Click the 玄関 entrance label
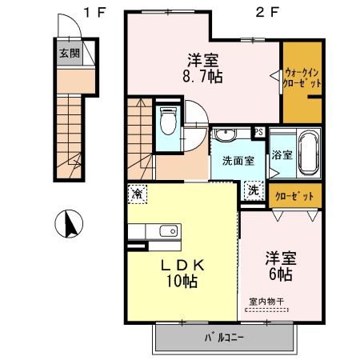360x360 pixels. (70, 54)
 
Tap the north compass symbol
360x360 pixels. (69, 223)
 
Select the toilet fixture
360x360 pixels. (168, 121)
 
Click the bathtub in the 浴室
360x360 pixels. (309, 153)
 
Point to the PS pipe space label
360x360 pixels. (259, 132)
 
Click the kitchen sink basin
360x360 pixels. (169, 231)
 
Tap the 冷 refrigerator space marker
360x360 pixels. (138, 194)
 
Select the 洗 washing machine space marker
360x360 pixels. (254, 190)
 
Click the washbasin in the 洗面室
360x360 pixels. (226, 134)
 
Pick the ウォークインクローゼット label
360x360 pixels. (302, 78)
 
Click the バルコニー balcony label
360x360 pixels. (224, 338)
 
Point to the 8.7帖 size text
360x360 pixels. (202, 77)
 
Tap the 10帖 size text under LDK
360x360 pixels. (182, 281)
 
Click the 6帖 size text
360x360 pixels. (281, 274)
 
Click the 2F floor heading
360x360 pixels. (267, 12)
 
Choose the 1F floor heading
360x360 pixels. (95, 12)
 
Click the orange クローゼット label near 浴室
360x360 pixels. (294, 196)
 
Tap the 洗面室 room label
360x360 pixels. (238, 161)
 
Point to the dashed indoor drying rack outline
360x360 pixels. (266, 310)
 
